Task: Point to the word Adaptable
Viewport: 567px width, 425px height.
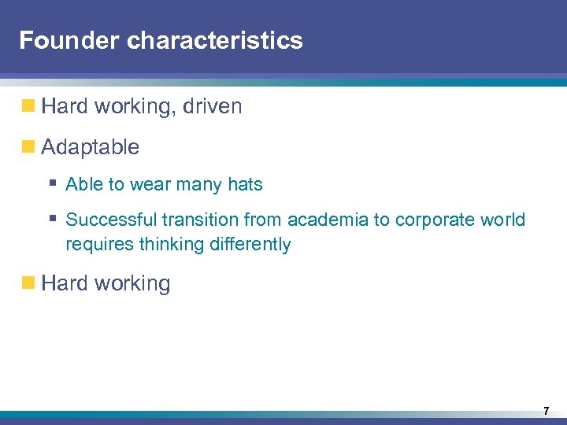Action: point(90,147)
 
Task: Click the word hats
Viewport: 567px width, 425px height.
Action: point(245,185)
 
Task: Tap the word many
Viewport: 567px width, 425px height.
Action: point(200,185)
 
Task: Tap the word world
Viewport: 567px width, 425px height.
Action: point(502,220)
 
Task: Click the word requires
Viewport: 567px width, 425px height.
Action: point(99,245)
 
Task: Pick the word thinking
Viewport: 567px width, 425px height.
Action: point(170,245)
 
